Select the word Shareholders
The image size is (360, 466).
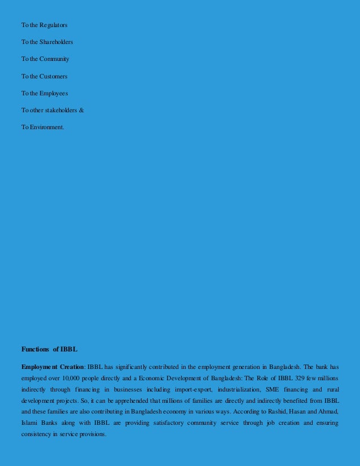tap(56, 42)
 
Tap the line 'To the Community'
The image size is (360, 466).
tap(45, 59)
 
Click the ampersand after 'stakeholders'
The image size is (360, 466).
tap(81, 110)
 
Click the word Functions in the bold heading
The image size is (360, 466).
tap(35, 349)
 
